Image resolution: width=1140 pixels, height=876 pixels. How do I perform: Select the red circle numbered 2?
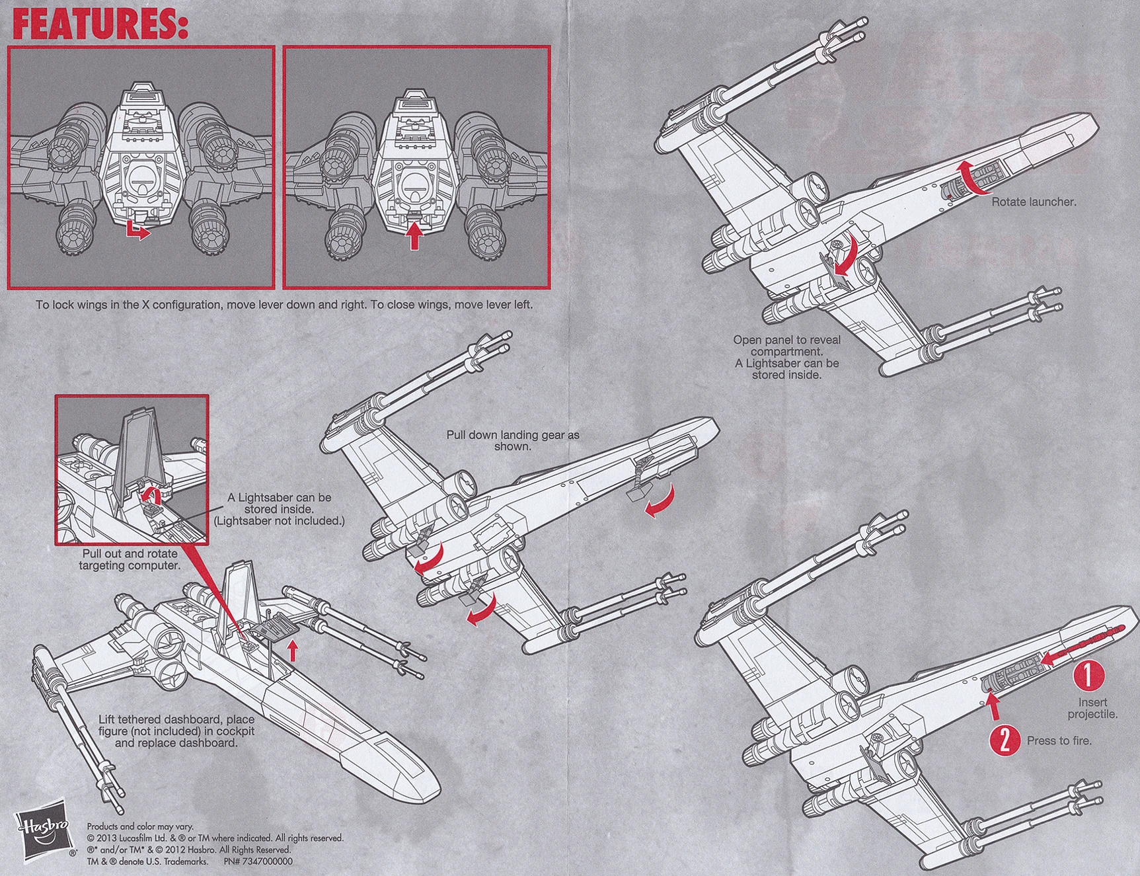pos(1004,740)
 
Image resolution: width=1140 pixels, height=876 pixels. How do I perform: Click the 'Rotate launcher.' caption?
pos(1034,202)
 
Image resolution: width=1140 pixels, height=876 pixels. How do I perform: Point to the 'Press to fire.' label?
pos(1059,740)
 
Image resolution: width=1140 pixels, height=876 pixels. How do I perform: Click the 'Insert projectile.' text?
pos(1092,708)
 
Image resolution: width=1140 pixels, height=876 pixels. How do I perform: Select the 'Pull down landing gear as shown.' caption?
pos(512,440)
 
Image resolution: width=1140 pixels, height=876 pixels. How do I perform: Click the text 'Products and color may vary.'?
pos(140,826)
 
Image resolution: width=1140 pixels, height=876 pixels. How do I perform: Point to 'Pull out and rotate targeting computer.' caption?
pos(130,559)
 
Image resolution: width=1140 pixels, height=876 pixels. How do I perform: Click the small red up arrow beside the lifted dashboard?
pos(293,652)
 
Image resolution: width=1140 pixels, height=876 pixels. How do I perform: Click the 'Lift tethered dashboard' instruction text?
pos(176,731)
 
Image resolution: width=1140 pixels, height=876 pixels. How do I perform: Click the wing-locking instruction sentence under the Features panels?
pos(284,305)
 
